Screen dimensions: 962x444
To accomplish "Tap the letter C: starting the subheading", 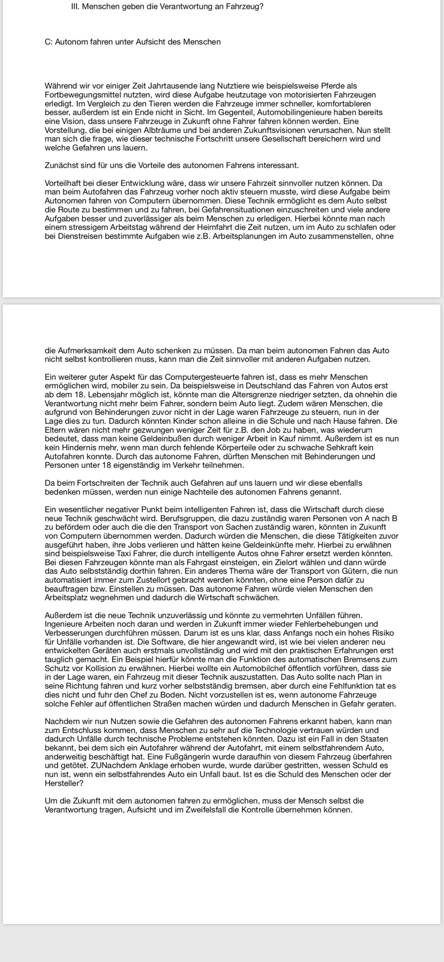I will tap(48, 42).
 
